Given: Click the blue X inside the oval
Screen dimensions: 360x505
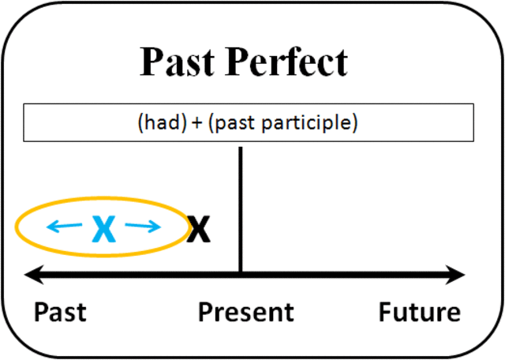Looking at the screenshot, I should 103,229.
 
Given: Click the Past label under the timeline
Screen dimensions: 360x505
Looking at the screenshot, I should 60,312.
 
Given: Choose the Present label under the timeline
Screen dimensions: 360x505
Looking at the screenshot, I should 245,312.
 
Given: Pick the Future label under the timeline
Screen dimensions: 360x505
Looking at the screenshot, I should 419,312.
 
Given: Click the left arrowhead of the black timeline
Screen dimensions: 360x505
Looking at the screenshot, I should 32,275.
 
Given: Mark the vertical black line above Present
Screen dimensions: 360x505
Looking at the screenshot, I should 240,205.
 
